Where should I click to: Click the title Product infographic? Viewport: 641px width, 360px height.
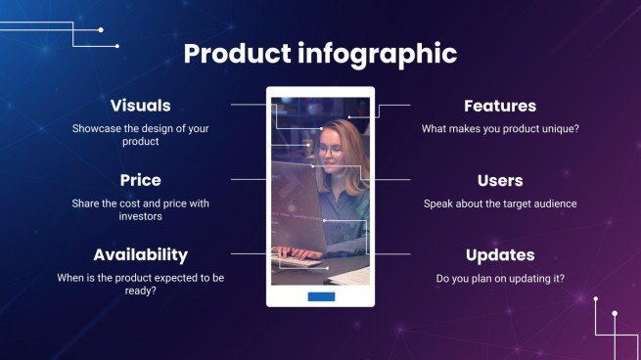(x=320, y=54)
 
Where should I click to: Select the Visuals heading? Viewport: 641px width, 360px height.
(x=140, y=106)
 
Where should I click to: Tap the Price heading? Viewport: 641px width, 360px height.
(x=140, y=180)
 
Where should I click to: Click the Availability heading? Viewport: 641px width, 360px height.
(x=140, y=254)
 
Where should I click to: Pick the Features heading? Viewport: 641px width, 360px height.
(x=499, y=106)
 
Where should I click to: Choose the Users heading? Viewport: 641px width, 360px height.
(x=499, y=180)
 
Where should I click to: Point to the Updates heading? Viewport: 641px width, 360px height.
(x=499, y=254)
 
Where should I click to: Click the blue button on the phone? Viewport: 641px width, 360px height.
(x=321, y=295)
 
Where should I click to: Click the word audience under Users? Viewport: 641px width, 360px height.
(x=551, y=203)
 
